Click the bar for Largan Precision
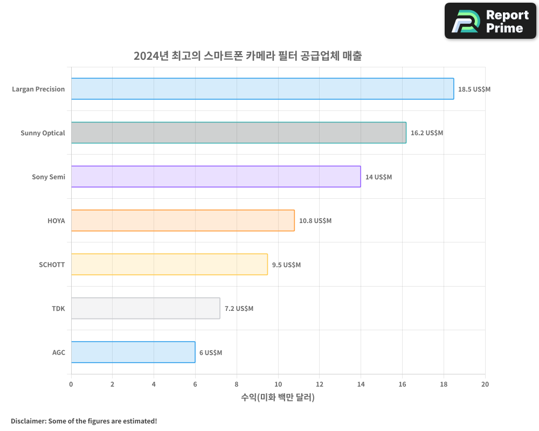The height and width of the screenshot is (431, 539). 262,89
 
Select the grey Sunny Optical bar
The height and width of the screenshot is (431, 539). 238,133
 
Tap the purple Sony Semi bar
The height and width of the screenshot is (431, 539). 216,177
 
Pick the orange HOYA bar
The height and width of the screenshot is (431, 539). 183,220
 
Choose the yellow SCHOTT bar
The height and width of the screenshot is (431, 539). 169,264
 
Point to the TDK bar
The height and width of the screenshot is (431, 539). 146,308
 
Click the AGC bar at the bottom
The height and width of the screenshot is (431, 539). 133,352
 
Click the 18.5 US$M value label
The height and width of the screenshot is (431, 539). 474,89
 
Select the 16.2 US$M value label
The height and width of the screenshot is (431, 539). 426,133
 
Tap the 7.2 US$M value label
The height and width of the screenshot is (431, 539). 239,309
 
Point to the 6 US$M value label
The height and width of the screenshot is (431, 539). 210,352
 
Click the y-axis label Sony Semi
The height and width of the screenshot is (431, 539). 49,177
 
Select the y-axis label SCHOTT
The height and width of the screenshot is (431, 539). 52,265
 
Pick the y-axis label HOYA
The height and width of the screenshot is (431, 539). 56,220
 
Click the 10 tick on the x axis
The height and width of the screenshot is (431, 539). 278,384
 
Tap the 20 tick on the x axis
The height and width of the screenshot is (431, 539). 485,384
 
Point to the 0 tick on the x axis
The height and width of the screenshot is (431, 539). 71,384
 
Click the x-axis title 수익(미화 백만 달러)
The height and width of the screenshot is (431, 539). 278,398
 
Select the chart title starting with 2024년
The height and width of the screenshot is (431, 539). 247,55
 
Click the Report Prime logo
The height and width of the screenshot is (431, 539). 490,21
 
